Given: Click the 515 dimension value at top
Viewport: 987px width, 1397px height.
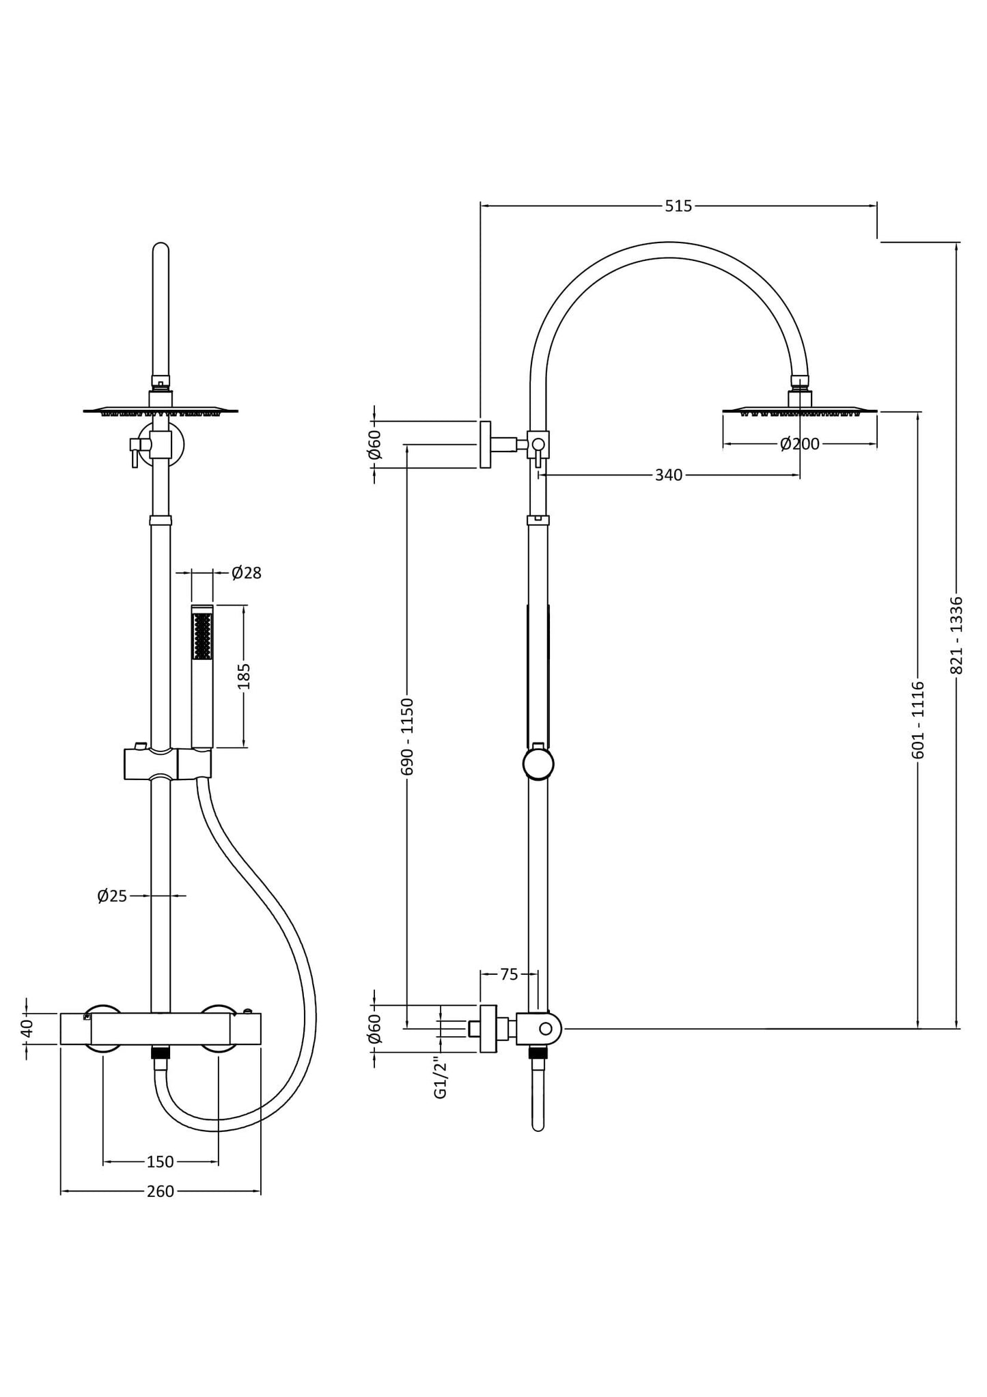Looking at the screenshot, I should pyautogui.click(x=678, y=206).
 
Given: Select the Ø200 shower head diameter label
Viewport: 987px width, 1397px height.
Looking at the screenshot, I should pyautogui.click(x=799, y=444).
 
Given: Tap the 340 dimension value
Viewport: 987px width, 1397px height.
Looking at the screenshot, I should pyautogui.click(x=668, y=475).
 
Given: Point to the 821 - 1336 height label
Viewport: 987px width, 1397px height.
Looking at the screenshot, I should pyautogui.click(x=956, y=635).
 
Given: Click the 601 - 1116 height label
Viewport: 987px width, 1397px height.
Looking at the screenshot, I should pyautogui.click(x=918, y=719).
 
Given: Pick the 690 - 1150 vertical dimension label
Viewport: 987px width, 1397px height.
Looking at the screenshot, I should pyautogui.click(x=407, y=736).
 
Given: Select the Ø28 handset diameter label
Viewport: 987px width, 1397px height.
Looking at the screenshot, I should pyautogui.click(x=247, y=572).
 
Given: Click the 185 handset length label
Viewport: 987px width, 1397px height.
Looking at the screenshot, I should pyautogui.click(x=244, y=676).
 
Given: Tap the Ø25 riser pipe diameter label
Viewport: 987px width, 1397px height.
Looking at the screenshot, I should pyautogui.click(x=112, y=896).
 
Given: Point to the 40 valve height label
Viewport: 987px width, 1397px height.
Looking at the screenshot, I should pyautogui.click(x=27, y=1028).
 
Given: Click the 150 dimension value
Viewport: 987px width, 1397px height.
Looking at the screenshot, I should pyautogui.click(x=161, y=1161).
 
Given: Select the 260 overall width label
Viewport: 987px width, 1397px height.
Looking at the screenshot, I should pyautogui.click(x=161, y=1191).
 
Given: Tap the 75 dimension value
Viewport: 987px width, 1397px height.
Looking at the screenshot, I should pyautogui.click(x=509, y=975).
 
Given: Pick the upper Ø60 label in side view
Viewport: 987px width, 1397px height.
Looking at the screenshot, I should pyautogui.click(x=374, y=445).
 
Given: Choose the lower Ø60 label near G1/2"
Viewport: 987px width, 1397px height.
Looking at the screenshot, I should pyautogui.click(x=374, y=1028).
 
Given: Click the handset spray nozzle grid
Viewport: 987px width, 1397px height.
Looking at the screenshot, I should pyautogui.click(x=201, y=636).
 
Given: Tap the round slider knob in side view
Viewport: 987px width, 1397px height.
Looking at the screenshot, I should pyautogui.click(x=538, y=764).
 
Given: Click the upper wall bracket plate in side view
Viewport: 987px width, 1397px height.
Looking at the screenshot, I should pyautogui.click(x=485, y=445).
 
